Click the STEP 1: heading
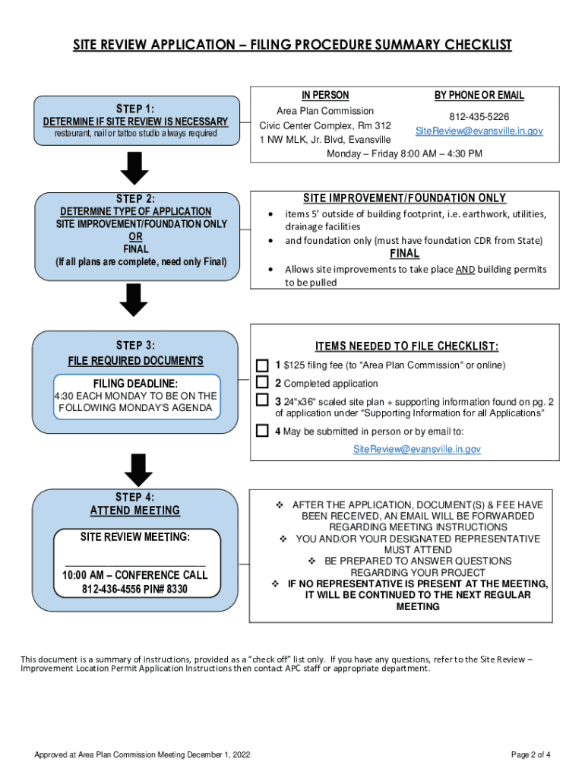pyautogui.click(x=134, y=107)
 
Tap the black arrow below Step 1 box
pyautogui.click(x=135, y=167)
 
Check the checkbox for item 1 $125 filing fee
pyautogui.click(x=262, y=365)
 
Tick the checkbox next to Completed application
pyautogui.click(x=262, y=382)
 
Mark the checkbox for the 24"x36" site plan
pyautogui.click(x=262, y=400)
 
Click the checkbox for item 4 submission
pyautogui.click(x=262, y=431)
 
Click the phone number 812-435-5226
pyautogui.click(x=479, y=117)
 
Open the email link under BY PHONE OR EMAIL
pyautogui.click(x=479, y=131)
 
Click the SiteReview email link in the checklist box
pyautogui.click(x=416, y=449)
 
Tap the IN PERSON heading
pyautogui.click(x=325, y=96)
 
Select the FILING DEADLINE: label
pyautogui.click(x=135, y=383)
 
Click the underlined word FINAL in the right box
pyautogui.click(x=404, y=254)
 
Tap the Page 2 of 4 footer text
pyautogui.click(x=530, y=754)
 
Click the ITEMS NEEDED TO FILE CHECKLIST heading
pyautogui.click(x=406, y=347)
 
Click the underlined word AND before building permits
pyautogui.click(x=465, y=269)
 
